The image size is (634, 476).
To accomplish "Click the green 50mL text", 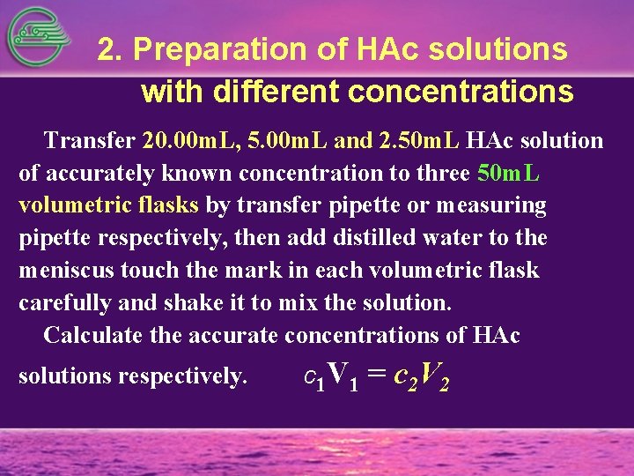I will click(508, 173).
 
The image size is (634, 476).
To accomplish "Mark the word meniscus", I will click(62, 271).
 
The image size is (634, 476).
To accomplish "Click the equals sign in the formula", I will click(377, 376).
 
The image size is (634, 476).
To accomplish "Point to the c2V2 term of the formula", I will click(422, 379).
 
